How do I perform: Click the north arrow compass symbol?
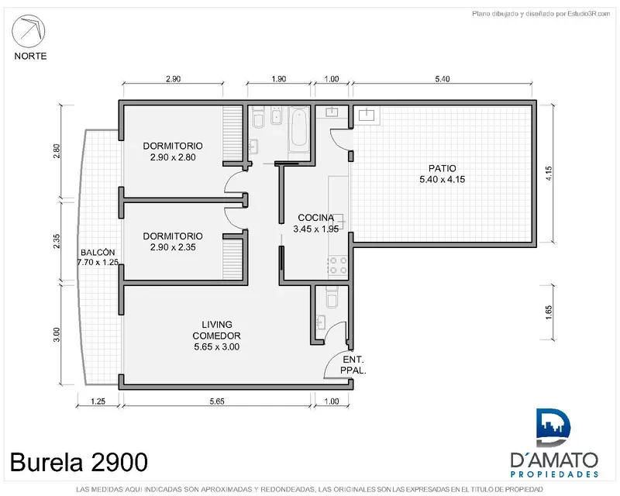29,31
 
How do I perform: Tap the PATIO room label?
442,168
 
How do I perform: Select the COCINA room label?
316,218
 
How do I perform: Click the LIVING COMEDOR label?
217,330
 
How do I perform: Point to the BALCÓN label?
98,253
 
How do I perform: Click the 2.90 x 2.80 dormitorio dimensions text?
173,157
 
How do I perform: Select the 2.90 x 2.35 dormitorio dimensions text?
173,247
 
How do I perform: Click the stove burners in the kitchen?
338,265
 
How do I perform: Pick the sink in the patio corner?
367,115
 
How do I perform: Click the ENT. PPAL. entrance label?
353,365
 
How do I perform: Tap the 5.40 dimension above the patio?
442,79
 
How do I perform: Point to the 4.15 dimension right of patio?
549,174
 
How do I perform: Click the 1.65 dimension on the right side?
549,312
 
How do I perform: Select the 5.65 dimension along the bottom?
217,401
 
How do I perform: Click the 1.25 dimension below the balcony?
98,401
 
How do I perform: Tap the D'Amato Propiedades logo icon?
553,428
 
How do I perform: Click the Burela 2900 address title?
79,462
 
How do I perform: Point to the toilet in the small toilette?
332,297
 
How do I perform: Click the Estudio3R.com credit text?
541,14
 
